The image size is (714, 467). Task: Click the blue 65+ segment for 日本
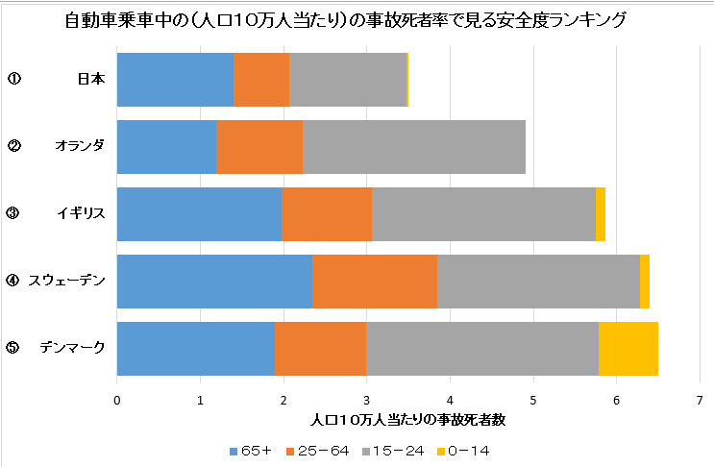pyautogui.click(x=175, y=79)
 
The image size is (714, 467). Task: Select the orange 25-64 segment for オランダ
pyautogui.click(x=259, y=146)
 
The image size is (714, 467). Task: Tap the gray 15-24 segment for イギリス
pyautogui.click(x=483, y=213)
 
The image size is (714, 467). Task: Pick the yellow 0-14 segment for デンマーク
pyautogui.click(x=628, y=348)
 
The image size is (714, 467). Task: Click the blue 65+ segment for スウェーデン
pyautogui.click(x=214, y=281)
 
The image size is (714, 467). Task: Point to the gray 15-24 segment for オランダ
pyautogui.click(x=414, y=146)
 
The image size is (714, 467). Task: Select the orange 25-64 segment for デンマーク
pyautogui.click(x=320, y=348)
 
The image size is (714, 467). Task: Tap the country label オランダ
pyautogui.click(x=80, y=146)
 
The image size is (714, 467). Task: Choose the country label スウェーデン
pyautogui.click(x=66, y=281)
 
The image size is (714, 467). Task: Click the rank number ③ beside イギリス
pyautogui.click(x=12, y=213)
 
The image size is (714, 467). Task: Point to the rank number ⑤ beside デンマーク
pyautogui.click(x=12, y=348)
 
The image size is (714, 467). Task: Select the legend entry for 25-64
pyautogui.click(x=324, y=450)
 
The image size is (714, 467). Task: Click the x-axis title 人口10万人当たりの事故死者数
pyautogui.click(x=408, y=420)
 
